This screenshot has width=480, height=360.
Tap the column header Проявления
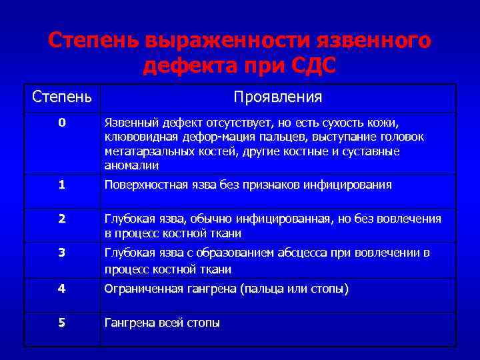(x=278, y=97)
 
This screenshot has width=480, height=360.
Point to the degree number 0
(x=61, y=123)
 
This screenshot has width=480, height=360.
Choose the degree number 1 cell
(x=61, y=185)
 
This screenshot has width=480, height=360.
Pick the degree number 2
(x=61, y=219)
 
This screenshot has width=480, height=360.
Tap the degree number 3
(x=61, y=253)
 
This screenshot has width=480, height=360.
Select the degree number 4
(x=61, y=289)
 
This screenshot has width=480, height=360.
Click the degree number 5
(x=61, y=323)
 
